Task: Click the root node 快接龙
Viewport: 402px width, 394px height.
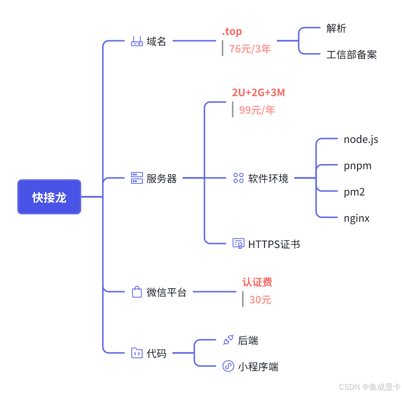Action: tap(49, 197)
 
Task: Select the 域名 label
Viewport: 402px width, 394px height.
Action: tap(156, 41)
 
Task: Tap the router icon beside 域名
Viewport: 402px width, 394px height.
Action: tap(137, 41)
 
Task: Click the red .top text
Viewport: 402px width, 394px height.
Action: tap(232, 32)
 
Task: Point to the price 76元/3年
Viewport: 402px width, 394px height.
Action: tap(250, 49)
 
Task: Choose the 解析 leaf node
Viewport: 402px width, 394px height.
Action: tap(336, 28)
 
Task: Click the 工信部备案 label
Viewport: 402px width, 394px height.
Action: tap(351, 55)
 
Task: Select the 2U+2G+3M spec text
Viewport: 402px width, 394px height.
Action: tap(258, 93)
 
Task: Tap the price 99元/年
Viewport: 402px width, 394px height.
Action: tap(257, 110)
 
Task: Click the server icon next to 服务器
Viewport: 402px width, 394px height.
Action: tap(137, 178)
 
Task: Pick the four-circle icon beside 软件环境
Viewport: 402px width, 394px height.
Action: tap(238, 178)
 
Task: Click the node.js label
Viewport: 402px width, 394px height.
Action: tap(361, 139)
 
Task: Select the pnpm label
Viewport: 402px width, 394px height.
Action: tap(357, 166)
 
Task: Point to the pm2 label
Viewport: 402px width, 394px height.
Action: tap(354, 192)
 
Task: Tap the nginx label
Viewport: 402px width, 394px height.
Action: tap(357, 218)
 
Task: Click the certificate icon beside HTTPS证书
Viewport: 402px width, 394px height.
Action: tap(238, 243)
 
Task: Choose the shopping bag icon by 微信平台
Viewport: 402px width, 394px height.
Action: tap(137, 292)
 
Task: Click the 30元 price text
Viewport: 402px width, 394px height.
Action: tap(260, 300)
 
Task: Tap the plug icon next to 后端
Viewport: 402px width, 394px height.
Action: tap(228, 340)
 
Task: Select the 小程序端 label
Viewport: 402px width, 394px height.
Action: tap(258, 367)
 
